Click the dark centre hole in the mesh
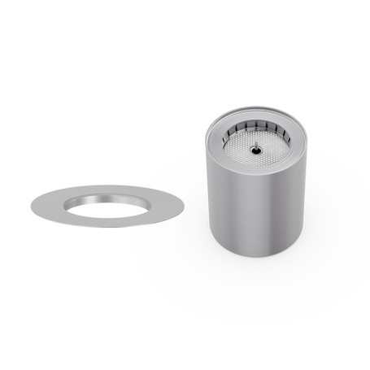point(255,150)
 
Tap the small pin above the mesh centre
point(255,145)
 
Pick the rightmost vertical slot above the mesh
point(285,135)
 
